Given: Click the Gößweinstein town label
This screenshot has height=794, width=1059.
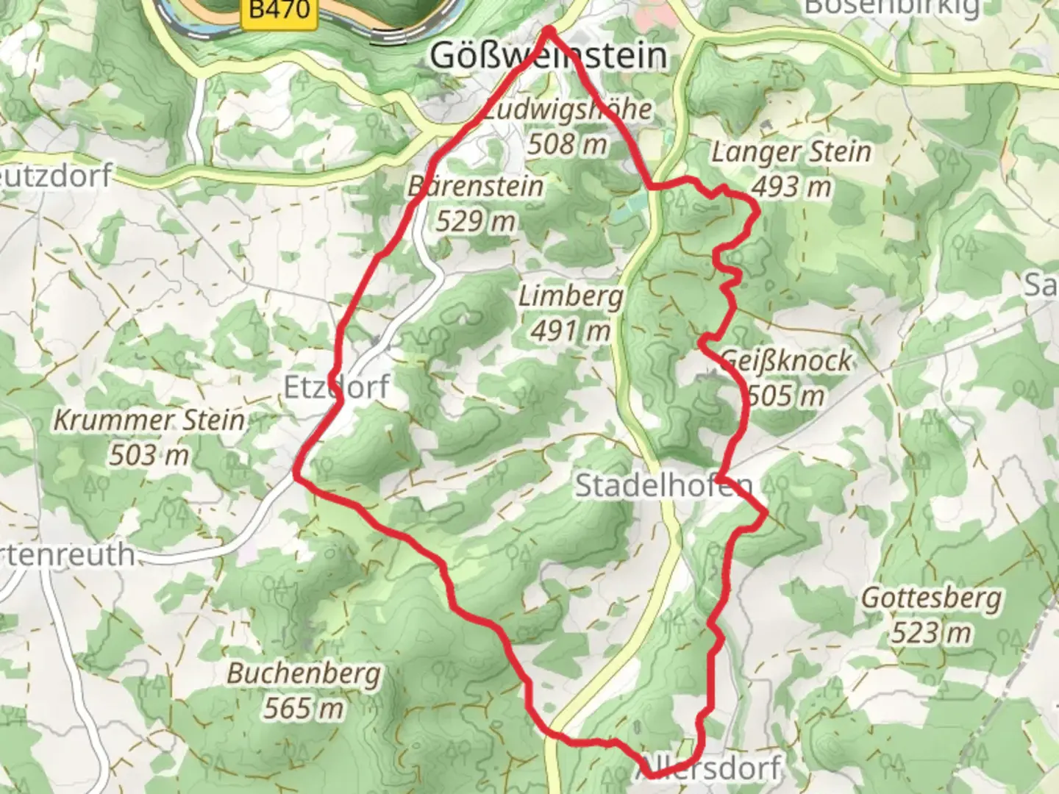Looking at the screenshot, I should pyautogui.click(x=549, y=56).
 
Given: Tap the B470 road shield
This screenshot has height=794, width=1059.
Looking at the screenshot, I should pyautogui.click(x=279, y=10).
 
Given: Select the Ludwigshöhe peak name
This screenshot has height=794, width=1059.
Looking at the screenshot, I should pyautogui.click(x=568, y=110).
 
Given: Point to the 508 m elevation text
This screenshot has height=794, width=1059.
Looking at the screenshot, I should pyautogui.click(x=567, y=144).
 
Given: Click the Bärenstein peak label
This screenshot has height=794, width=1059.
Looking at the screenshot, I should pyautogui.click(x=476, y=187).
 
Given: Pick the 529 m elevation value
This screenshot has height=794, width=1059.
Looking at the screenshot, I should pyautogui.click(x=475, y=221).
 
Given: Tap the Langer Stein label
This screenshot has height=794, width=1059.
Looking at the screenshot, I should pyautogui.click(x=791, y=152).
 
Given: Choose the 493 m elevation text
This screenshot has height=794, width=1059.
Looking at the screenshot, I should pyautogui.click(x=791, y=187).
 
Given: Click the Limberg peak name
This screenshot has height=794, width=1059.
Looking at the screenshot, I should pyautogui.click(x=571, y=297).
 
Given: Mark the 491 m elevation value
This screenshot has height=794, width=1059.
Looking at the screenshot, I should pyautogui.click(x=571, y=331).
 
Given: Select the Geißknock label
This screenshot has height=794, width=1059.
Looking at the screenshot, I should pyautogui.click(x=787, y=360).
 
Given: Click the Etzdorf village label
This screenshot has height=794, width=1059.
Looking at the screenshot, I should pyautogui.click(x=336, y=387).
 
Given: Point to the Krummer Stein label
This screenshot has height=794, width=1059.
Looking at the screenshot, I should pyautogui.click(x=149, y=421).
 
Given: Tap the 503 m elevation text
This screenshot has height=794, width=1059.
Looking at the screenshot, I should pyautogui.click(x=149, y=456).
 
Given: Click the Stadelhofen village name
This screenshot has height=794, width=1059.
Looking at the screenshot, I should pyautogui.click(x=663, y=485).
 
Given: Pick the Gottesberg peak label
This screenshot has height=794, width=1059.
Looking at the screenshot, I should pyautogui.click(x=931, y=598).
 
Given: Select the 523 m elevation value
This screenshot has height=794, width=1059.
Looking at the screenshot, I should pyautogui.click(x=931, y=632).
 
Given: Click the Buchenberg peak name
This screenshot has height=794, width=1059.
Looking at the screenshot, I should pyautogui.click(x=304, y=673).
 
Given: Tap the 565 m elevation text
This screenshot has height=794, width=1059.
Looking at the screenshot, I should pyautogui.click(x=304, y=708).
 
